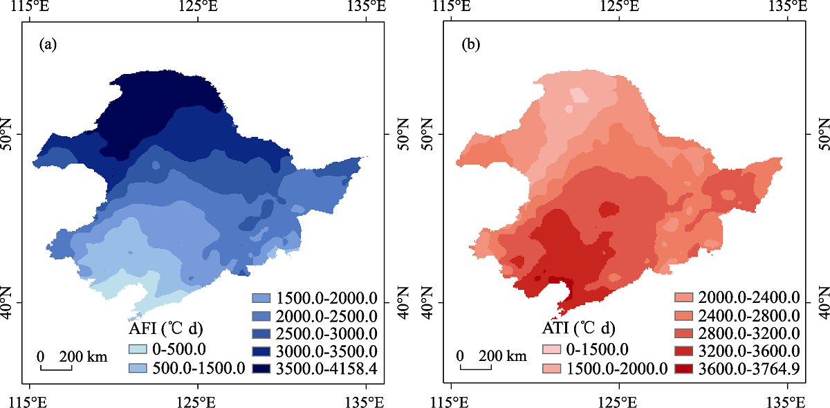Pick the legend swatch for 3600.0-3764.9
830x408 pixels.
[683, 369]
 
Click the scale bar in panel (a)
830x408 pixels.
[55, 367]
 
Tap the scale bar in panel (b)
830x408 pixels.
[477, 367]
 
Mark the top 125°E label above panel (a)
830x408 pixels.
[199, 7]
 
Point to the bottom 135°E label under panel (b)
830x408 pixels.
[786, 401]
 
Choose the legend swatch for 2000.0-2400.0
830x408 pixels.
[683, 298]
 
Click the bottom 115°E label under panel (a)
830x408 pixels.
[30, 401]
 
